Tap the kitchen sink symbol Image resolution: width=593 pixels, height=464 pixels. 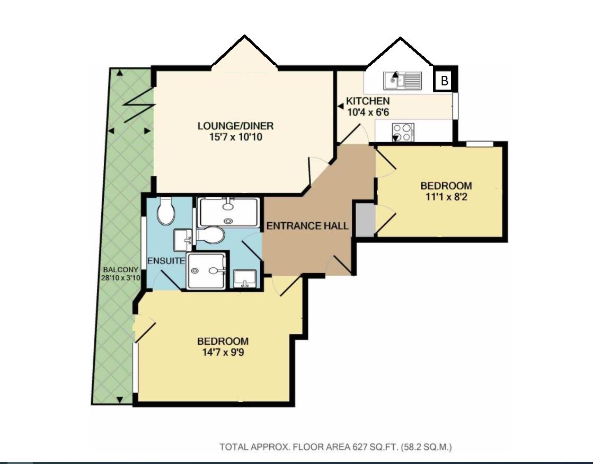[402, 81]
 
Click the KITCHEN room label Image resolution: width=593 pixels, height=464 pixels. [368, 101]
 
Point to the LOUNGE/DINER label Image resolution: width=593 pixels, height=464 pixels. [235, 126]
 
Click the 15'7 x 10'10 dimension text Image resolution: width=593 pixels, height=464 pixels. [235, 137]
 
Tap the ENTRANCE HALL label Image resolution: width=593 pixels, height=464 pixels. [307, 226]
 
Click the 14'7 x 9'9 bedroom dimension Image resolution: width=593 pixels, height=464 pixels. [223, 352]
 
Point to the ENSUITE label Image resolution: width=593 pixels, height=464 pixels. [166, 260]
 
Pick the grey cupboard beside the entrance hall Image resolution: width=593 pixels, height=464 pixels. [365, 219]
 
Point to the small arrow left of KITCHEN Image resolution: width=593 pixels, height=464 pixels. [341, 107]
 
